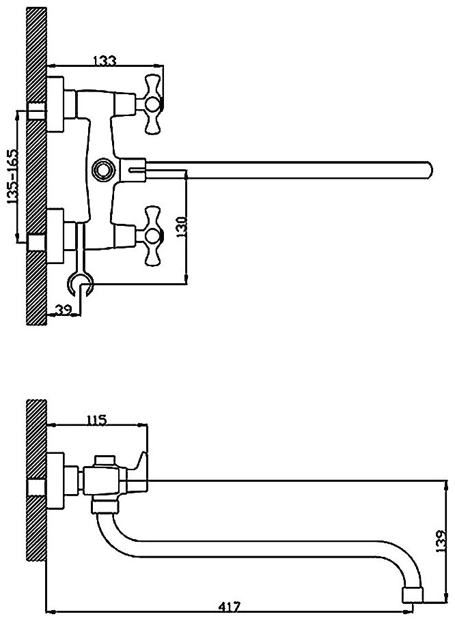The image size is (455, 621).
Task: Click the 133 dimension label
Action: [x=103, y=61]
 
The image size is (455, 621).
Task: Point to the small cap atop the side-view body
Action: [x=105, y=461]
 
